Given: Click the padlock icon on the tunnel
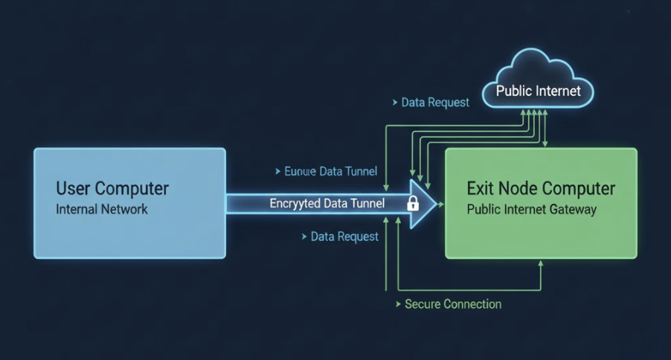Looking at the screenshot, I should tap(412, 203).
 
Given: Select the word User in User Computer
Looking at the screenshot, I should tap(74, 188).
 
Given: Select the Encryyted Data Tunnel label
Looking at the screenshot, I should tap(327, 203).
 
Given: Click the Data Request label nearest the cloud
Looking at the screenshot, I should tap(434, 102).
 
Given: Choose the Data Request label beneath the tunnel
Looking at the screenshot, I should tap(344, 237).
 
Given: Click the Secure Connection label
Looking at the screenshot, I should tap(452, 303).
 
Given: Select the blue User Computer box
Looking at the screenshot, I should tap(129, 203).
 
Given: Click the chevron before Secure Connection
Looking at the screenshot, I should tap(397, 303).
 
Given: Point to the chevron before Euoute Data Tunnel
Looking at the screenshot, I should tap(277, 171).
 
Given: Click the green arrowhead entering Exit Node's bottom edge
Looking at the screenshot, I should tap(541, 263).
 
